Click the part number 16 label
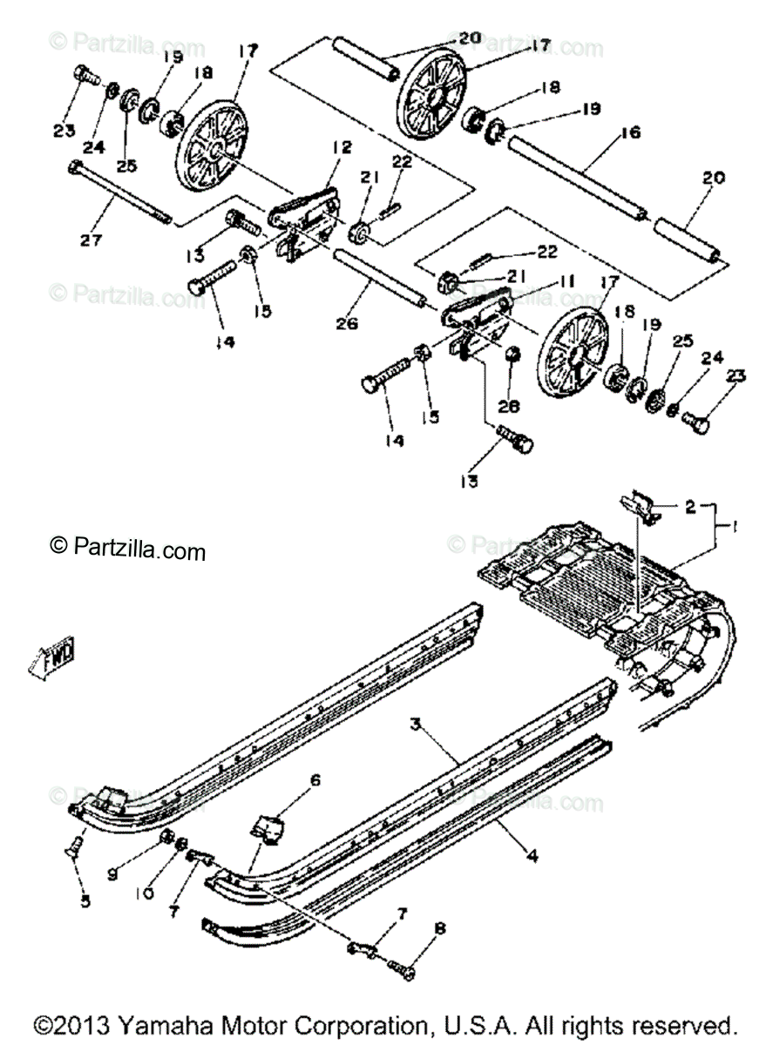(x=630, y=132)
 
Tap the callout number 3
(x=416, y=723)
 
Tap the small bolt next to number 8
(x=403, y=964)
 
